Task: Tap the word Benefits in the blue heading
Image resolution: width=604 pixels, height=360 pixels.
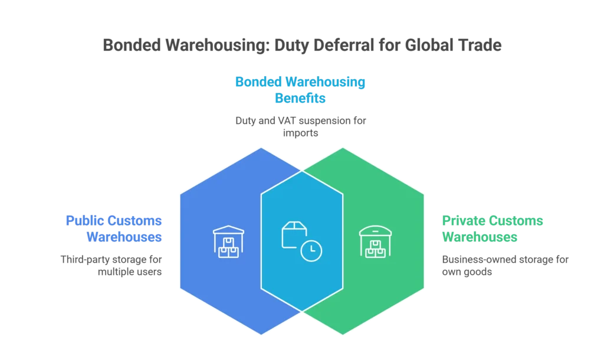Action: [300, 98]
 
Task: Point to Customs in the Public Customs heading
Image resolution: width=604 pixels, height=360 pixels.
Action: [136, 221]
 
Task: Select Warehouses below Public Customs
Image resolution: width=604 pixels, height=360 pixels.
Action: [124, 238]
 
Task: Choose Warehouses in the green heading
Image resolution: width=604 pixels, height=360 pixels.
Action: [480, 238]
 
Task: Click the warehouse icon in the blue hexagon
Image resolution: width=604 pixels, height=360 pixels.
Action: [228, 241]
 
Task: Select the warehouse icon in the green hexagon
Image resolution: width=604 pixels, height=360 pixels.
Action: [375, 241]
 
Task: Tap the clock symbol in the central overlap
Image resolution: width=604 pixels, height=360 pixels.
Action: [311, 251]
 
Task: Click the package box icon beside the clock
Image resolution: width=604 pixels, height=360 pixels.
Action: [294, 234]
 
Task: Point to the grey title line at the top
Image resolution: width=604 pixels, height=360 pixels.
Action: [301, 45]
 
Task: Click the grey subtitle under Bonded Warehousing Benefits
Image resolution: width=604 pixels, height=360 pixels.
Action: [300, 126]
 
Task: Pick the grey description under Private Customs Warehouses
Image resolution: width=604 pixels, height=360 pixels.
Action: [504, 266]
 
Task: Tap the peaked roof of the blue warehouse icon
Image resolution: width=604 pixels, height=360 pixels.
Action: [228, 230]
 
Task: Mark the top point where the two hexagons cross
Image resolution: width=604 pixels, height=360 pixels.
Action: [302, 171]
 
